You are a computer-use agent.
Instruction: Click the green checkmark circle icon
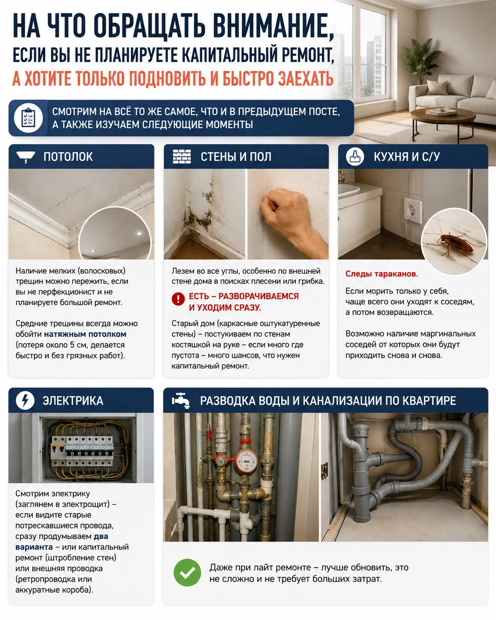[x=187, y=572]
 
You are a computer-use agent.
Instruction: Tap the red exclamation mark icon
[x=178, y=299]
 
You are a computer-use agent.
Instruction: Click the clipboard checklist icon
[x=28, y=118]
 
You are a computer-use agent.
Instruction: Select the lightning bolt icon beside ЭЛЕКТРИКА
[x=25, y=401]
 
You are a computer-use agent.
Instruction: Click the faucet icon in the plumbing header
[x=181, y=401]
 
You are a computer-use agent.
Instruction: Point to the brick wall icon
[x=182, y=157]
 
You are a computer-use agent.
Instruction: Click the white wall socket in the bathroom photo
[x=413, y=210]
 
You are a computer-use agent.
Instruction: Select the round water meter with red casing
[x=245, y=460]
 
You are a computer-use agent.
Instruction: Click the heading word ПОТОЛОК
[x=68, y=157]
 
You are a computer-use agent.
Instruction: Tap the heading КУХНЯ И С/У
[x=407, y=157]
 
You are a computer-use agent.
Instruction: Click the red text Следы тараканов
[x=382, y=274]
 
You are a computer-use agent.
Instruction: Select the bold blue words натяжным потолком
[x=85, y=334]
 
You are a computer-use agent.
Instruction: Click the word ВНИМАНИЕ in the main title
[x=270, y=26]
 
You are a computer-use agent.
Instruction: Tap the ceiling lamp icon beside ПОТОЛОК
[x=26, y=157]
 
